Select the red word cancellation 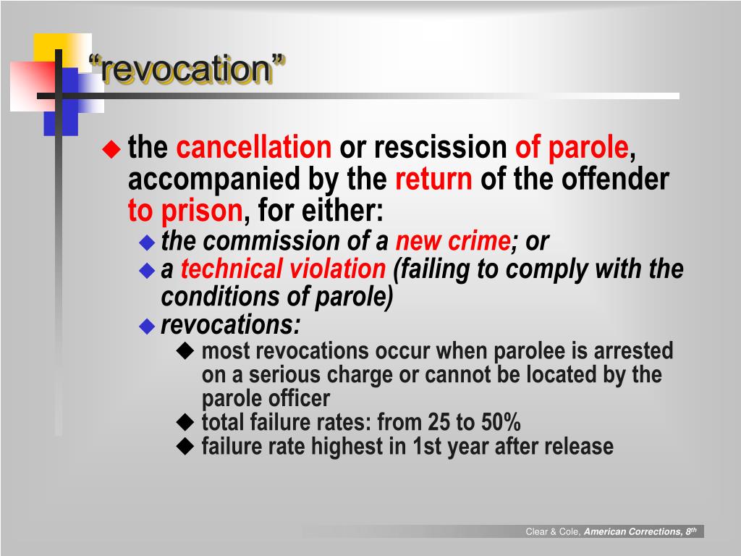pyautogui.click(x=254, y=148)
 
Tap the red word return pyautogui.click(x=433, y=179)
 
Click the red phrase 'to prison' pyautogui.click(x=185, y=211)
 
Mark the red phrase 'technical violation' pyautogui.click(x=283, y=269)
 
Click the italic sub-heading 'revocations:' pyautogui.click(x=231, y=326)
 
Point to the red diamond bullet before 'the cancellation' pyautogui.click(x=111, y=149)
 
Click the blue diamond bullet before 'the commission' pyautogui.click(x=148, y=242)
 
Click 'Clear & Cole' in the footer pyautogui.click(x=553, y=532)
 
